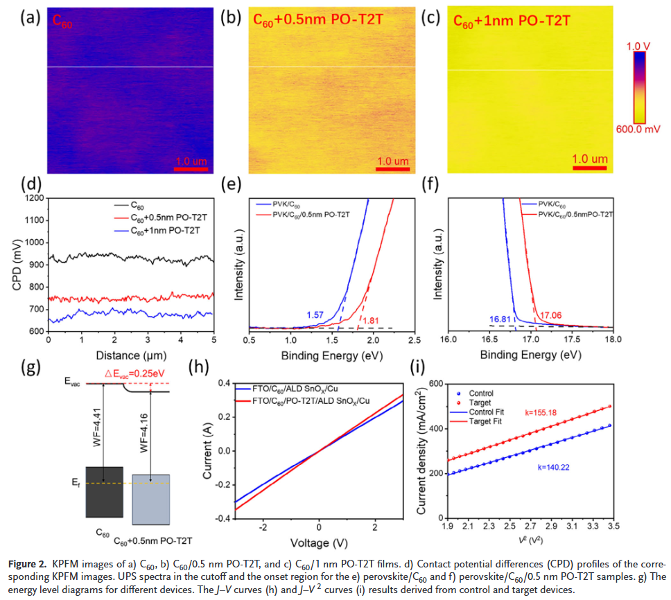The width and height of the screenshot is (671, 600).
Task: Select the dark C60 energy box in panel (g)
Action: (105, 491)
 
